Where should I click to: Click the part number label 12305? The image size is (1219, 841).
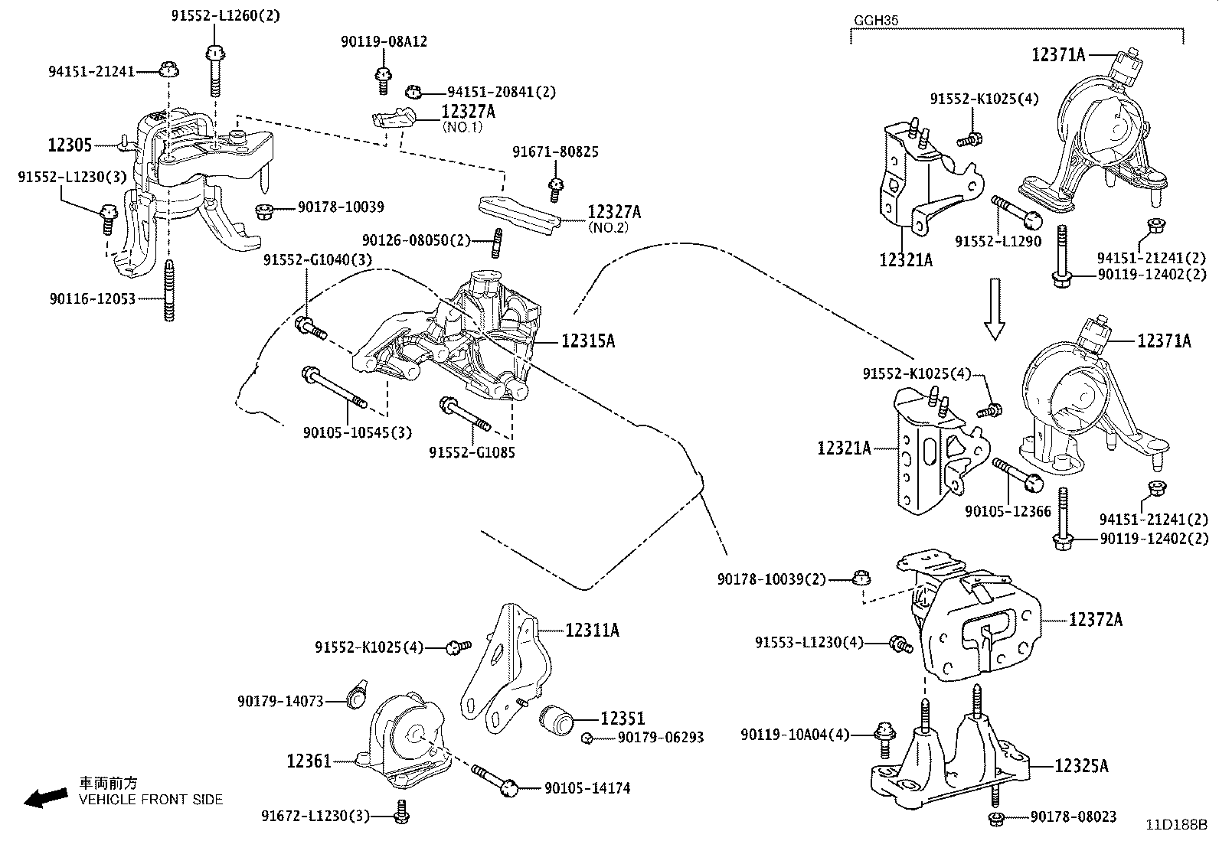point(70,145)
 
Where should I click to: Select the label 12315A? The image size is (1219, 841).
point(587,341)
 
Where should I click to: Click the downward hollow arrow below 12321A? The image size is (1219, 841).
point(995,308)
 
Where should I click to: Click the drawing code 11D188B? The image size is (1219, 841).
point(1175,825)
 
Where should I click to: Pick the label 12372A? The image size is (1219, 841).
point(1096,619)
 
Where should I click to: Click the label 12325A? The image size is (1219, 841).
point(1081,765)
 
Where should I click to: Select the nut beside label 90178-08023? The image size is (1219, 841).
point(996,819)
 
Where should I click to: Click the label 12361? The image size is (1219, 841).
point(309,761)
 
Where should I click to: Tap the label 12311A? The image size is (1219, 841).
point(592,630)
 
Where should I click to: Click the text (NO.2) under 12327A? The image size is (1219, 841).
point(608,227)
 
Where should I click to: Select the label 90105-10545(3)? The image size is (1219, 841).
point(357,432)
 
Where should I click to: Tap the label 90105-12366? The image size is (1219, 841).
point(1008,511)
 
